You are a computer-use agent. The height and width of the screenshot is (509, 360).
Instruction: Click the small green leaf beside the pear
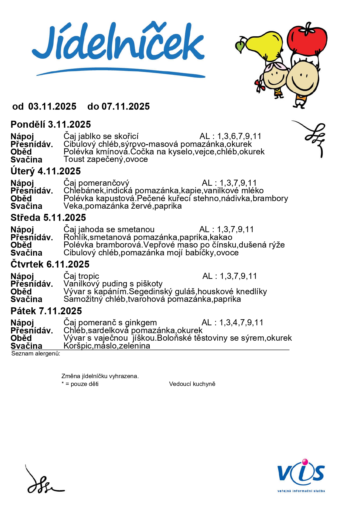(x=240, y=46)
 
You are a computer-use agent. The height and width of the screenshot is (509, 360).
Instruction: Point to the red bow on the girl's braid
(x=260, y=85)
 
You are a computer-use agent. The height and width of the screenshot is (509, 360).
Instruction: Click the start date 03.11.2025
(x=52, y=107)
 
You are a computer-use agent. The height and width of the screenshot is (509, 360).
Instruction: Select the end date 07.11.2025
(x=126, y=107)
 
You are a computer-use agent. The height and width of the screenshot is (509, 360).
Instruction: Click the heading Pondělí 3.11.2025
(x=51, y=124)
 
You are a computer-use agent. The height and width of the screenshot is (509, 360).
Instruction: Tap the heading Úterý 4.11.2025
(x=46, y=171)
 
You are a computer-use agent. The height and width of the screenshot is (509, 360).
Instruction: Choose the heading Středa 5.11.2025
(x=48, y=218)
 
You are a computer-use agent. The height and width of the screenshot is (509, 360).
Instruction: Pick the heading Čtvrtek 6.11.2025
(x=50, y=264)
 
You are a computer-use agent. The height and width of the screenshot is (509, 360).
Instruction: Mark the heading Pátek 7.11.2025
(x=46, y=311)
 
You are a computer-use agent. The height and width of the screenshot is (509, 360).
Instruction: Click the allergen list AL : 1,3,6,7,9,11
(x=230, y=136)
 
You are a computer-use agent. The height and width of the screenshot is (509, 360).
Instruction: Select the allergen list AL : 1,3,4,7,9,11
(x=232, y=322)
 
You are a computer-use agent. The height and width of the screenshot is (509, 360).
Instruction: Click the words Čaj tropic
(x=81, y=276)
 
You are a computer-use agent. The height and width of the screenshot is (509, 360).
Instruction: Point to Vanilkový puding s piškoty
(x=113, y=284)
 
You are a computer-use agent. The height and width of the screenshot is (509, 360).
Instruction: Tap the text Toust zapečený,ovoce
(x=106, y=159)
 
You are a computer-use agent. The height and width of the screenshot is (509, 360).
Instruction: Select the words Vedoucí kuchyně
(x=192, y=384)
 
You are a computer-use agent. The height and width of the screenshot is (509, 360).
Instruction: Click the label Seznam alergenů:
(x=36, y=353)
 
